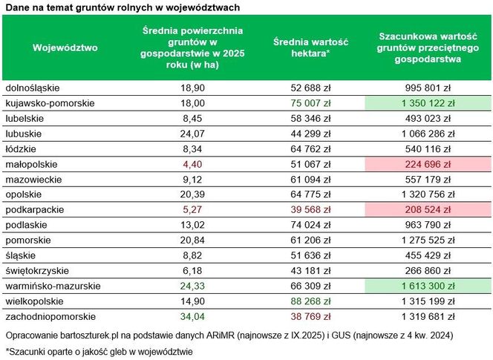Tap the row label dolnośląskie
pos(32,88)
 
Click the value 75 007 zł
pos(311,102)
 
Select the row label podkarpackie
pos(33,209)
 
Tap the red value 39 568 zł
pos(311,209)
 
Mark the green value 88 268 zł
pos(311,301)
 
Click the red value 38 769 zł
pos(311,316)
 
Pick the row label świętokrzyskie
pos(38,270)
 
